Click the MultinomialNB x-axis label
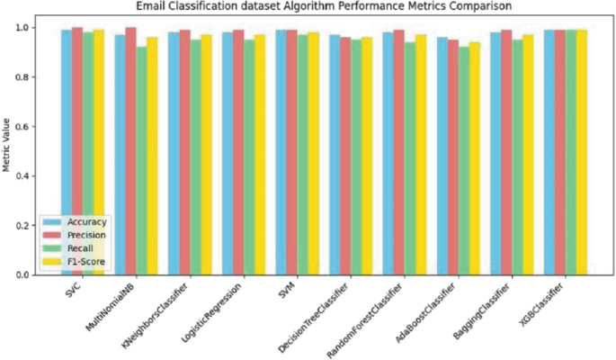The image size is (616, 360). tap(116, 306)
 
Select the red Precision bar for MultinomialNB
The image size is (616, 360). tap(130, 151)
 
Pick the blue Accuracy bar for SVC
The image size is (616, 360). tap(67, 152)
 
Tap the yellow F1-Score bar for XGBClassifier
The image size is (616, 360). tap(582, 152)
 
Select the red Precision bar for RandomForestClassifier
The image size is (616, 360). tap(398, 152)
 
